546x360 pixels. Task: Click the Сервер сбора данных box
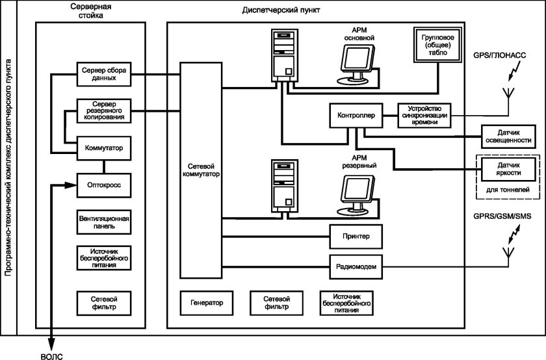coord(104,73)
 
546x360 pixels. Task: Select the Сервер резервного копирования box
coord(104,109)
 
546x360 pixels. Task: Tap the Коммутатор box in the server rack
coord(104,148)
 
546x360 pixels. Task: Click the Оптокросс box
coord(104,185)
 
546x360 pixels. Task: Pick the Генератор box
coord(207,303)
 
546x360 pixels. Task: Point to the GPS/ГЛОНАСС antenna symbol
coord(509,91)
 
